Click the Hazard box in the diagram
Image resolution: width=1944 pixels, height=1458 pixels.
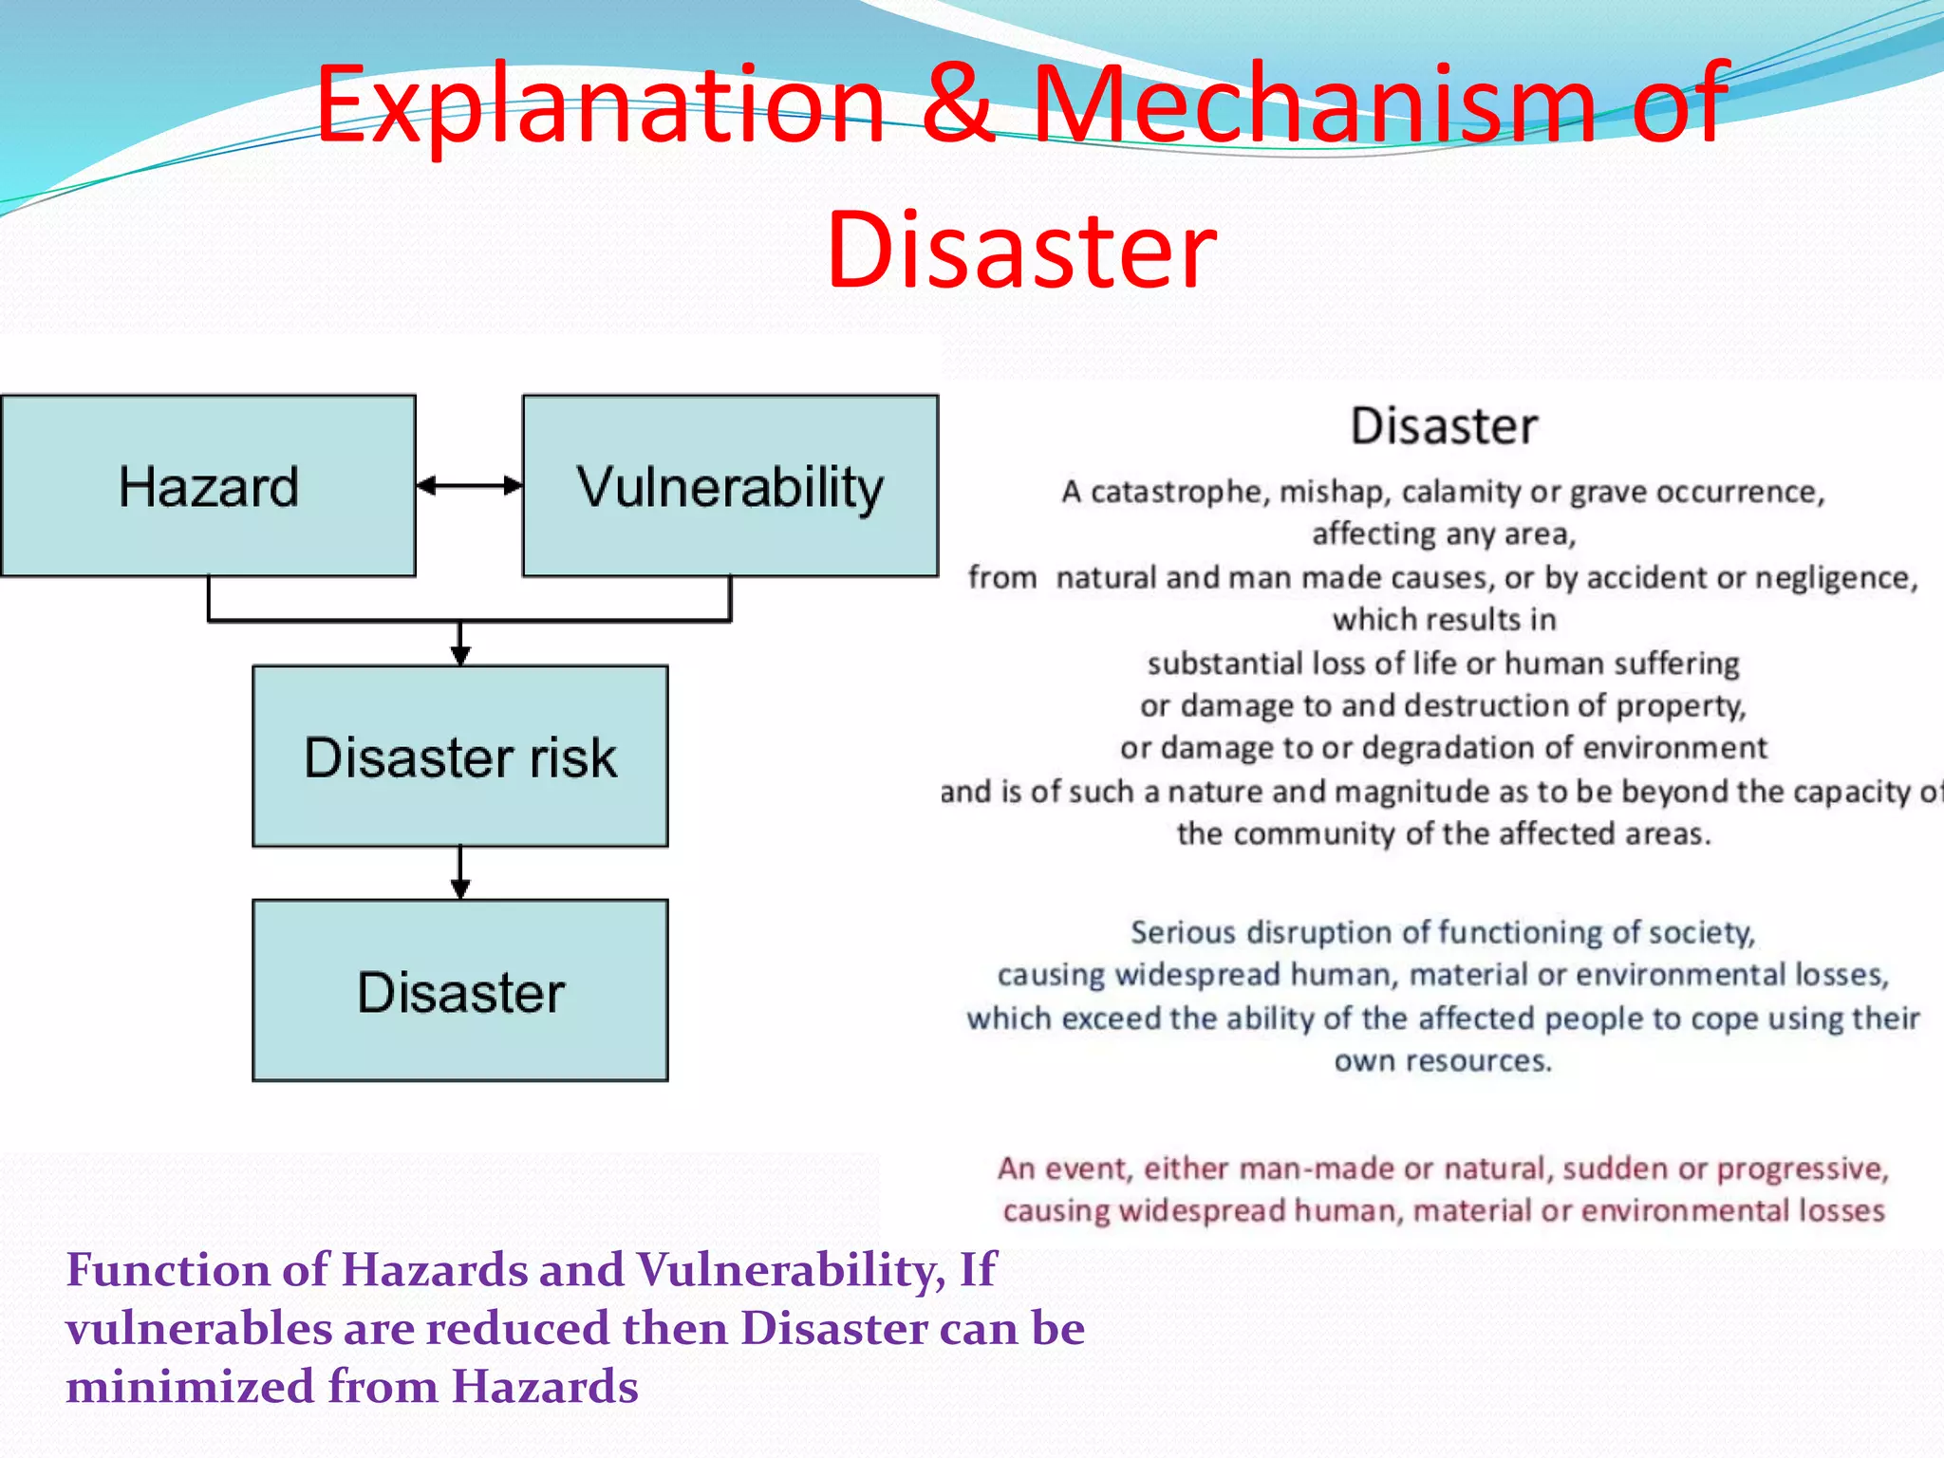point(208,486)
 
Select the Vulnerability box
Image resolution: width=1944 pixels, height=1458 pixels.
point(730,486)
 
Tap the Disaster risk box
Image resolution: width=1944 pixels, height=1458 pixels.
point(460,757)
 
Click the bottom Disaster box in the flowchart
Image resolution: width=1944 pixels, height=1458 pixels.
point(460,991)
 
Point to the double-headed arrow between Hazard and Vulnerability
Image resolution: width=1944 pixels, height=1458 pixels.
point(469,486)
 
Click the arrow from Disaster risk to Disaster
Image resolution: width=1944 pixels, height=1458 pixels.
point(460,871)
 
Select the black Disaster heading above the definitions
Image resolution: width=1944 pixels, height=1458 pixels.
point(1444,426)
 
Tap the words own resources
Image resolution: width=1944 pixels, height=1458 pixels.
point(1443,1061)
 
